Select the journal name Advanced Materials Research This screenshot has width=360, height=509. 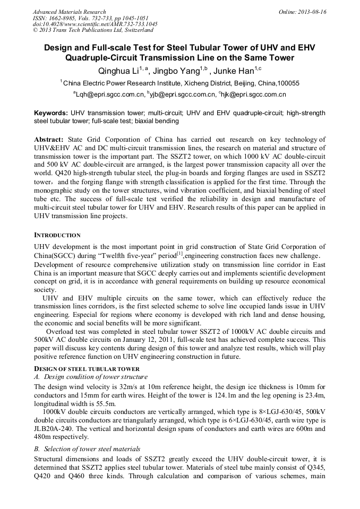(69, 11)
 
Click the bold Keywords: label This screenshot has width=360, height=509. (51, 113)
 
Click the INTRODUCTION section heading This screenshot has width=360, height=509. (57, 235)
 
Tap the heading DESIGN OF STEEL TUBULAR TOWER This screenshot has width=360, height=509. (87, 369)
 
